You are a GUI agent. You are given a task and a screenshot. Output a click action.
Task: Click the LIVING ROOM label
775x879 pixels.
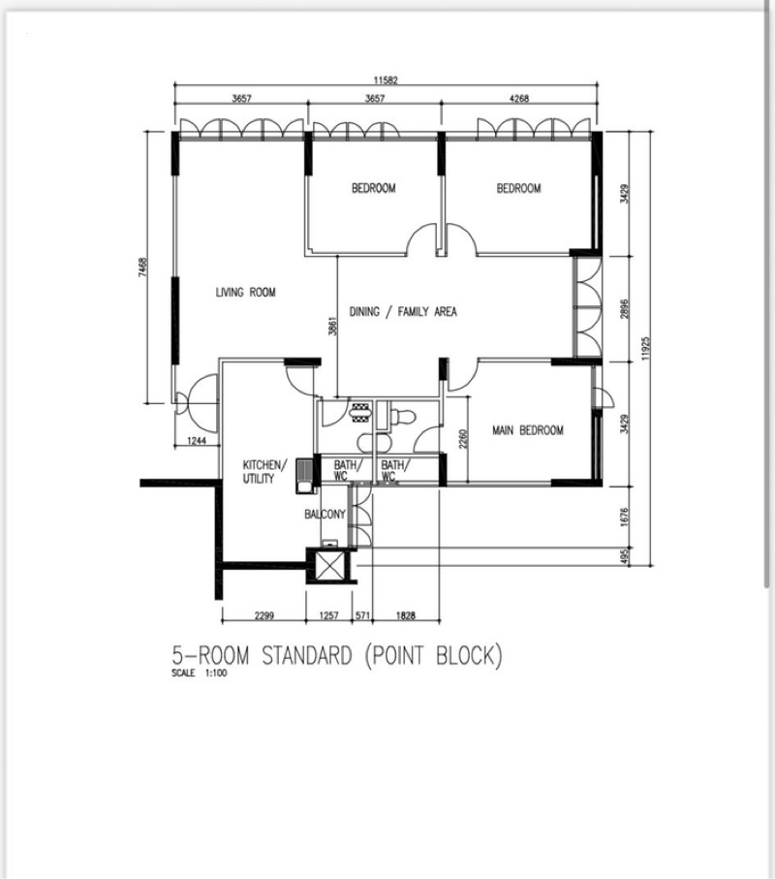click(x=245, y=292)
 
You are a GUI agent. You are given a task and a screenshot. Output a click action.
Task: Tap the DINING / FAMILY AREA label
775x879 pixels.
click(x=403, y=311)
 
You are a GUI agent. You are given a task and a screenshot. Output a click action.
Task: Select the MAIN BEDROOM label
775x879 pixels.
click(x=527, y=430)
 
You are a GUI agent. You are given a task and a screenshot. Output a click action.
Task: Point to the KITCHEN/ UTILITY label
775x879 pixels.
click(x=264, y=471)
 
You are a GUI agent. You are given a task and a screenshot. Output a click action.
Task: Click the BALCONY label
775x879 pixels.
click(x=325, y=514)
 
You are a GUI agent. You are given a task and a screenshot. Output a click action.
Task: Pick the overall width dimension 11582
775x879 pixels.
click(x=386, y=80)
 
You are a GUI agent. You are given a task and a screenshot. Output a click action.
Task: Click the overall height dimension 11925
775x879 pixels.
click(x=645, y=348)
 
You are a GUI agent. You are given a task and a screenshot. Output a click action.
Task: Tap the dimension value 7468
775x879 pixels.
click(x=143, y=267)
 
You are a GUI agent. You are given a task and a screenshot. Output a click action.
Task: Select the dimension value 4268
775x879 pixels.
click(x=518, y=99)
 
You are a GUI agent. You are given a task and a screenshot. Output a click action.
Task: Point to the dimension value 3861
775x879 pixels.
click(x=332, y=327)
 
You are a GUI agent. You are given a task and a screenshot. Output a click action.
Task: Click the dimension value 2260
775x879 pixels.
click(x=462, y=439)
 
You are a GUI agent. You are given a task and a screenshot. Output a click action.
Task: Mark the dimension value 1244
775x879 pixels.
click(x=196, y=441)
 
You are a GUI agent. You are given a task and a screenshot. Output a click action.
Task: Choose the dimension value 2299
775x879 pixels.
click(x=263, y=615)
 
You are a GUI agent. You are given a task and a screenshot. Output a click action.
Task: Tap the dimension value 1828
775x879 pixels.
click(x=406, y=615)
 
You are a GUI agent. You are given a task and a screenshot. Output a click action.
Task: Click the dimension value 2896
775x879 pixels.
click(x=626, y=308)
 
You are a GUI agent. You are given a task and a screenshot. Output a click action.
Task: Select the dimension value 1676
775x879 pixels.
click(x=626, y=517)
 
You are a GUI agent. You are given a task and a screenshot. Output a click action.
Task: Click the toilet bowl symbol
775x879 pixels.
click(x=402, y=417)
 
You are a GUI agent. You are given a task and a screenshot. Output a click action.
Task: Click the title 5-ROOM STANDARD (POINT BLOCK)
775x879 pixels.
click(x=337, y=656)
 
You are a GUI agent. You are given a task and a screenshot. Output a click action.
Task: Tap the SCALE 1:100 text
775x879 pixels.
click(x=200, y=674)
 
